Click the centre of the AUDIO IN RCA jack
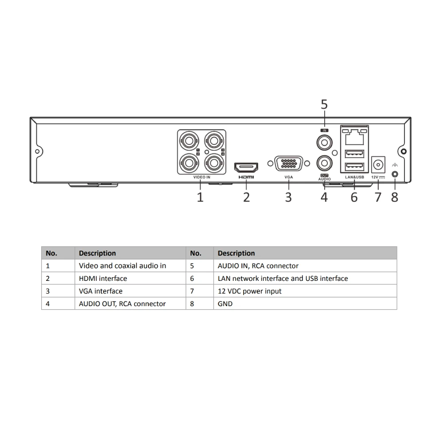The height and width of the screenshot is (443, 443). click(324, 142)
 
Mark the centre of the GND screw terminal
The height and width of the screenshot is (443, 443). click(395, 174)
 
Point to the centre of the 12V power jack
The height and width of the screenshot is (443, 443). click(378, 164)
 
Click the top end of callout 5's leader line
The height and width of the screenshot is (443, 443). click(324, 111)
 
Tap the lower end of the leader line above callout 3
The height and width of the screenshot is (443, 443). click(288, 189)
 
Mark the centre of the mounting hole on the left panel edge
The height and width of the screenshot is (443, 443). click(37, 152)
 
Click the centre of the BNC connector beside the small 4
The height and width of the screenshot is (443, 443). click(214, 163)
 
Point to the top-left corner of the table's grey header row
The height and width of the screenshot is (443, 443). click(42, 247)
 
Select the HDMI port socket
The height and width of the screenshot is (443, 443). click(246, 167)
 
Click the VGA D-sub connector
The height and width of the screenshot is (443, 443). click(288, 163)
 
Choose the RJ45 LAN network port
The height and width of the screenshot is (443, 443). click(354, 136)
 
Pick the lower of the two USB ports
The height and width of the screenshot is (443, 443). click(354, 167)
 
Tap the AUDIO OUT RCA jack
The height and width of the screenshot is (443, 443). click(324, 163)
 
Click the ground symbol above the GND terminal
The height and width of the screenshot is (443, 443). click(395, 165)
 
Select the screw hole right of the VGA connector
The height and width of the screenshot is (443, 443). click(307, 163)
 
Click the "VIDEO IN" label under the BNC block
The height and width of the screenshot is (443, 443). click(202, 177)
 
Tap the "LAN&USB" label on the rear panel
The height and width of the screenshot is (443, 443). click(354, 177)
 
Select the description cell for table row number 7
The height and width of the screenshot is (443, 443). click(305, 291)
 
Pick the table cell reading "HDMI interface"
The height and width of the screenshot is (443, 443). click(103, 278)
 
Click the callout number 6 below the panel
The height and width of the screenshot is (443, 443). click(354, 197)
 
